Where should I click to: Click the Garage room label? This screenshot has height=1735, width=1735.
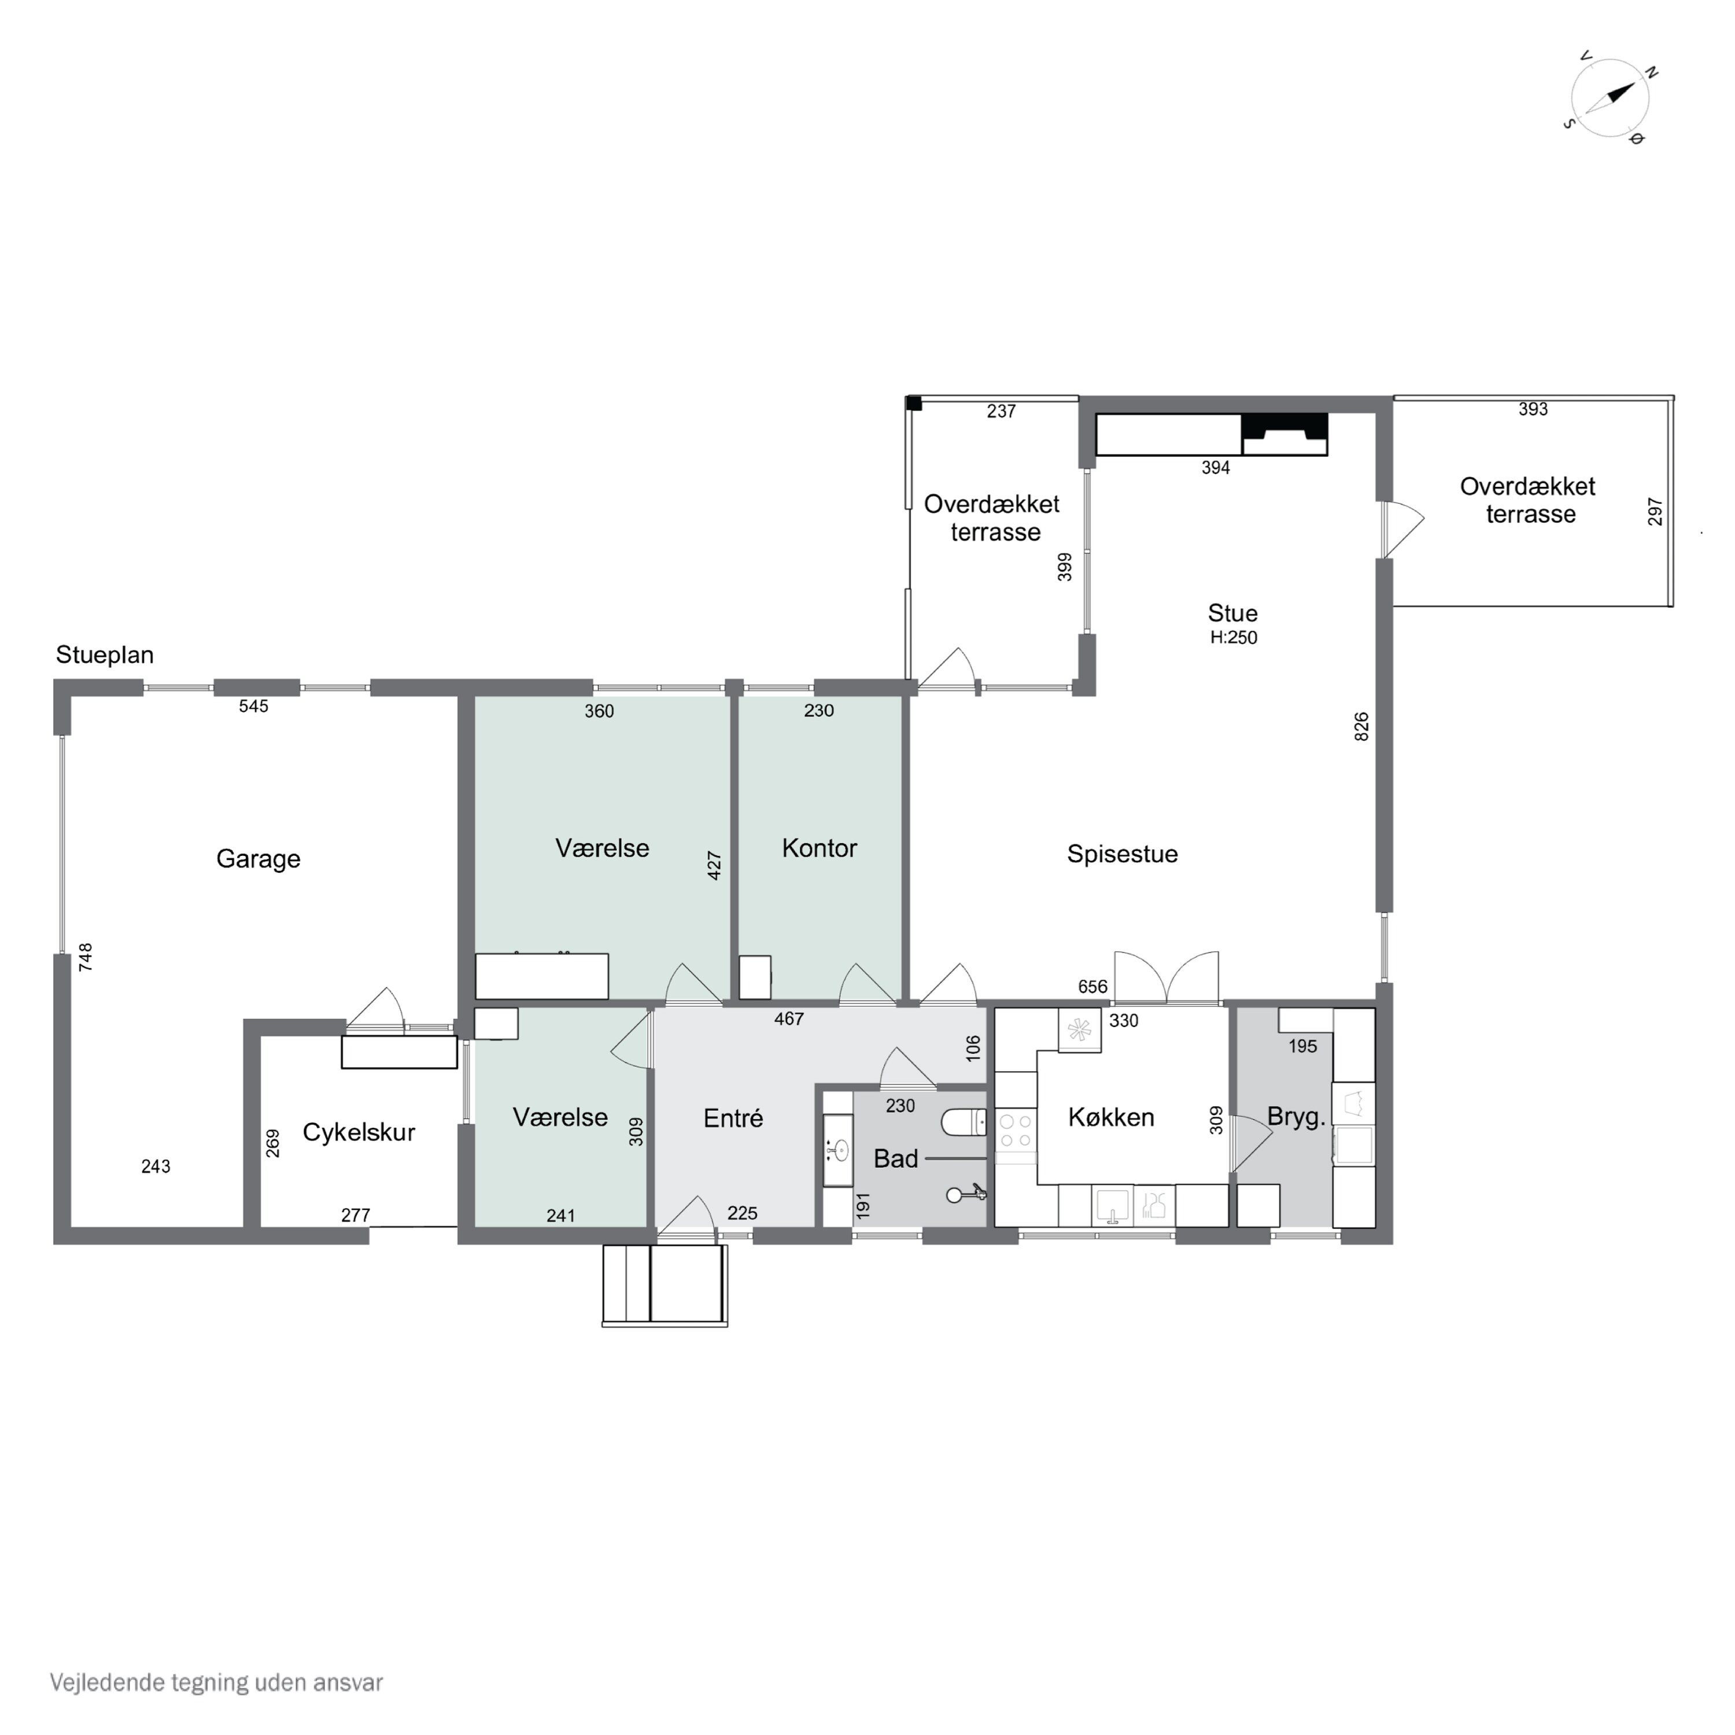click(x=259, y=859)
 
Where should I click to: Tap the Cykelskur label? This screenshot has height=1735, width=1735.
click(x=359, y=1132)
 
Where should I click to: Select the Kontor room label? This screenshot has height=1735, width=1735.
click(x=819, y=848)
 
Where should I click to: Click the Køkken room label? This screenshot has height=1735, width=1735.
click(x=1111, y=1117)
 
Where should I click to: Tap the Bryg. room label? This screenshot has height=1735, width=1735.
click(x=1296, y=1117)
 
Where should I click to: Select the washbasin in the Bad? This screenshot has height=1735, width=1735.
click(x=839, y=1150)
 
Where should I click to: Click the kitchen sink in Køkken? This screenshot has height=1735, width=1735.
click(x=1113, y=1206)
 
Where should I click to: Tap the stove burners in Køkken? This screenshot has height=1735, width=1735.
click(x=1016, y=1132)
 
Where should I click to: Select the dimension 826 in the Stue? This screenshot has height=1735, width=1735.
click(x=1361, y=726)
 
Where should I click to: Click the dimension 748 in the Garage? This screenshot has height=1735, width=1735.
click(x=86, y=957)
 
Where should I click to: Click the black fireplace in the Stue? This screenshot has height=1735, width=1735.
click(x=1284, y=435)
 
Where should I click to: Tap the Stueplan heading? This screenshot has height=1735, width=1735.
click(x=105, y=655)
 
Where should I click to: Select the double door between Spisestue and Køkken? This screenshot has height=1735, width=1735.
click(x=1166, y=977)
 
